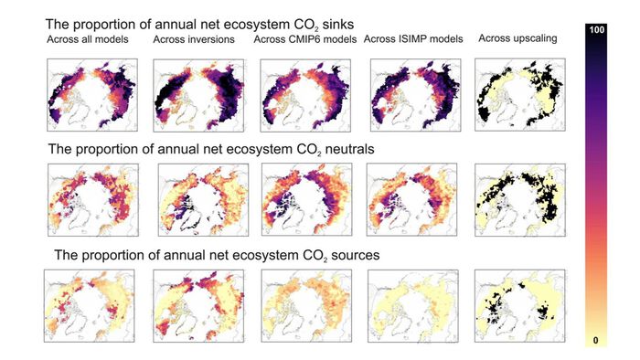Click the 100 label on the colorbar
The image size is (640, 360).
(x=596, y=29)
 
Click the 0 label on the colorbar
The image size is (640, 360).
(x=595, y=340)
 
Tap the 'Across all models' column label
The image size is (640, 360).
(x=88, y=39)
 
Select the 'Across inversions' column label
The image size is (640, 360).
(x=194, y=39)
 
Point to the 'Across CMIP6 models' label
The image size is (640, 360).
(x=304, y=39)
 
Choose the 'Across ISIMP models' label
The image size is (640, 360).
(x=413, y=39)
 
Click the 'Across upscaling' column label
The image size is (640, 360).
(x=517, y=38)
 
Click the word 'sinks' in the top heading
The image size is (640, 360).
(x=338, y=25)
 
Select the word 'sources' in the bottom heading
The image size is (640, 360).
(x=355, y=255)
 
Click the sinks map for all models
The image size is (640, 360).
(x=92, y=95)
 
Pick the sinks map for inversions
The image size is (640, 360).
(x=198, y=95)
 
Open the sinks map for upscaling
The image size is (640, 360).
(x=520, y=95)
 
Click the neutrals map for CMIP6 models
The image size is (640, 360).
(x=306, y=200)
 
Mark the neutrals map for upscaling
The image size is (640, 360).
(x=520, y=200)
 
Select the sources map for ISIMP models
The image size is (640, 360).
(x=413, y=306)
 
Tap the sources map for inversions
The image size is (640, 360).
(x=198, y=306)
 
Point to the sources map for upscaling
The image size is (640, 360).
(x=520, y=306)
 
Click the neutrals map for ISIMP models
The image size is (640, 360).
(x=411, y=200)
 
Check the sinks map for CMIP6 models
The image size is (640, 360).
(x=305, y=95)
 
